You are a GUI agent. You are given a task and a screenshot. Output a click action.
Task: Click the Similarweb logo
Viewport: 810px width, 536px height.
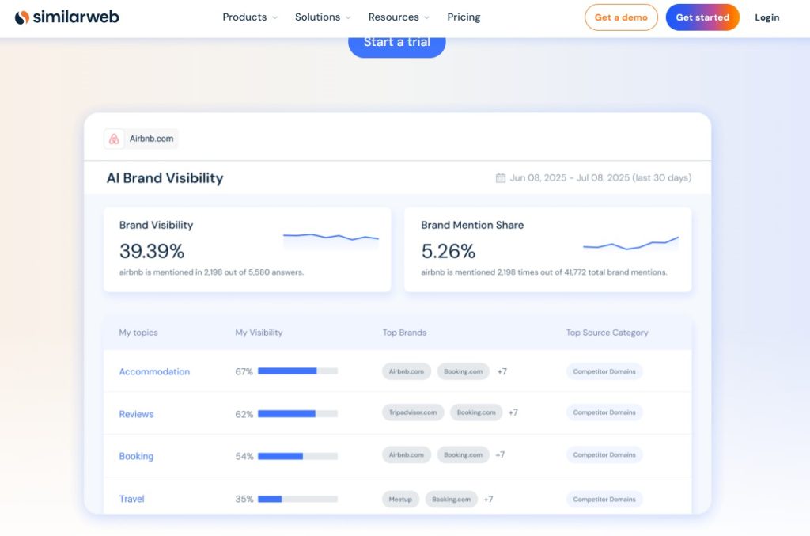66,17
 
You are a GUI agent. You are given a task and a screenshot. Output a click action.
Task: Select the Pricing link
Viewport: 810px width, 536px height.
464,17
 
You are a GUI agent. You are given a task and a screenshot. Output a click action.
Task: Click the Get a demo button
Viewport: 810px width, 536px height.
621,17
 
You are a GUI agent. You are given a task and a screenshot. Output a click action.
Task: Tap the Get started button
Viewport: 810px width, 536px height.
702,17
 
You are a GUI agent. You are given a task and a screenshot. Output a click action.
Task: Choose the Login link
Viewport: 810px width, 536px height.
766,17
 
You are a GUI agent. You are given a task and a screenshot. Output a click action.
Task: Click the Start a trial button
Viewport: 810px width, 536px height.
396,42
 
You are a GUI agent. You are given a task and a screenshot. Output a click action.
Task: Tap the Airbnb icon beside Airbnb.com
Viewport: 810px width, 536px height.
114,139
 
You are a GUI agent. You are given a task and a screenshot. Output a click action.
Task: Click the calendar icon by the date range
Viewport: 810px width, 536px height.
500,178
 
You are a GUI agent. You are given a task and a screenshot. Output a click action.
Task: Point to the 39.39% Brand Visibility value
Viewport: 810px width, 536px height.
152,251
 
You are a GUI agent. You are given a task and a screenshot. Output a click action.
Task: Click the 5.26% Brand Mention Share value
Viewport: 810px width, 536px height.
448,251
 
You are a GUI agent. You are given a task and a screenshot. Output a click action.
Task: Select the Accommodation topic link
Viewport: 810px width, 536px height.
154,371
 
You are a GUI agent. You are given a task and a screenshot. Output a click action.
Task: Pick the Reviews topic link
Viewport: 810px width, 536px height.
136,414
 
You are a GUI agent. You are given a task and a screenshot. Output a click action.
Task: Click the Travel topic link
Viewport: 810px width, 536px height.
131,499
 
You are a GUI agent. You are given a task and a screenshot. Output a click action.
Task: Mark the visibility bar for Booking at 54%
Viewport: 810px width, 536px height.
297,456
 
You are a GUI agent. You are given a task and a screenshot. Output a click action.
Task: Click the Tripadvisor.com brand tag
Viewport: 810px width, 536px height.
413,412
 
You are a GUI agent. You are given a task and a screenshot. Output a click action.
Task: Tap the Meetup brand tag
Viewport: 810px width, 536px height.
400,500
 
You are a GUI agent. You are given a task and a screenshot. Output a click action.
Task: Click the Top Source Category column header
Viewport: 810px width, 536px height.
607,333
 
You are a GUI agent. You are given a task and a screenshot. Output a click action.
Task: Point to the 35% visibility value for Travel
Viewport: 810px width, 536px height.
244,499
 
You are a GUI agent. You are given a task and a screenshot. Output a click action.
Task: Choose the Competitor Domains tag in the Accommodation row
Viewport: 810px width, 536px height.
604,371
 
